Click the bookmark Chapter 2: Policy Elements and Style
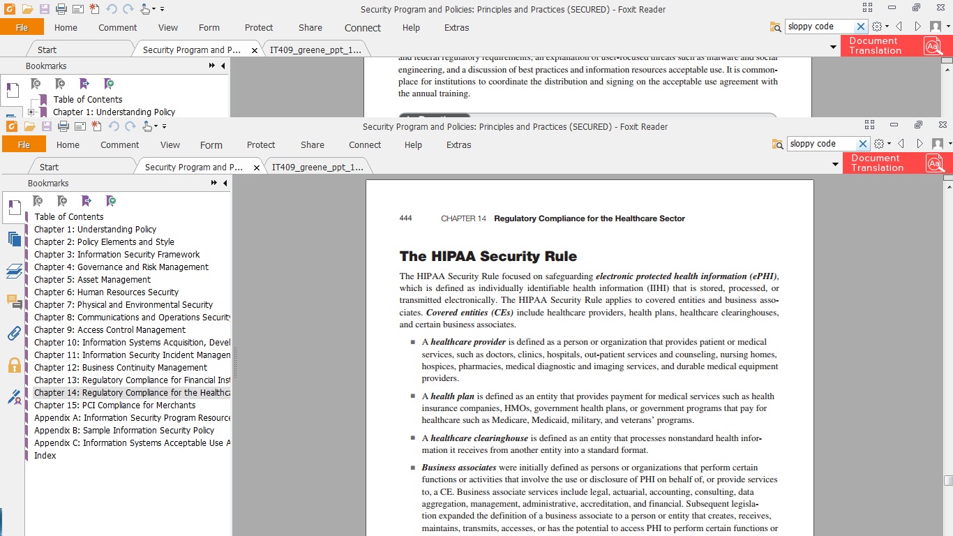[104, 242]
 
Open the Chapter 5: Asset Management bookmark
[92, 280]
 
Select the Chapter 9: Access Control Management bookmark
[110, 330]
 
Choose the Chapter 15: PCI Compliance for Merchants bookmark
[114, 405]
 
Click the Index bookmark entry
[45, 456]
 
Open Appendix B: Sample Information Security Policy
[124, 431]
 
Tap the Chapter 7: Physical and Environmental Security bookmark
[123, 305]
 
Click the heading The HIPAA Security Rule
[488, 256]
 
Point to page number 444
[405, 218]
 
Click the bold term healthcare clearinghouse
[479, 438]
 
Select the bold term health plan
[452, 396]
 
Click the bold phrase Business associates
[458, 468]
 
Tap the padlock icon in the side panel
[14, 365]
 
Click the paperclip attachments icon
[14, 333]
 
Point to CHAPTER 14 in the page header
[463, 218]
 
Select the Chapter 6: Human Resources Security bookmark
[106, 292]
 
